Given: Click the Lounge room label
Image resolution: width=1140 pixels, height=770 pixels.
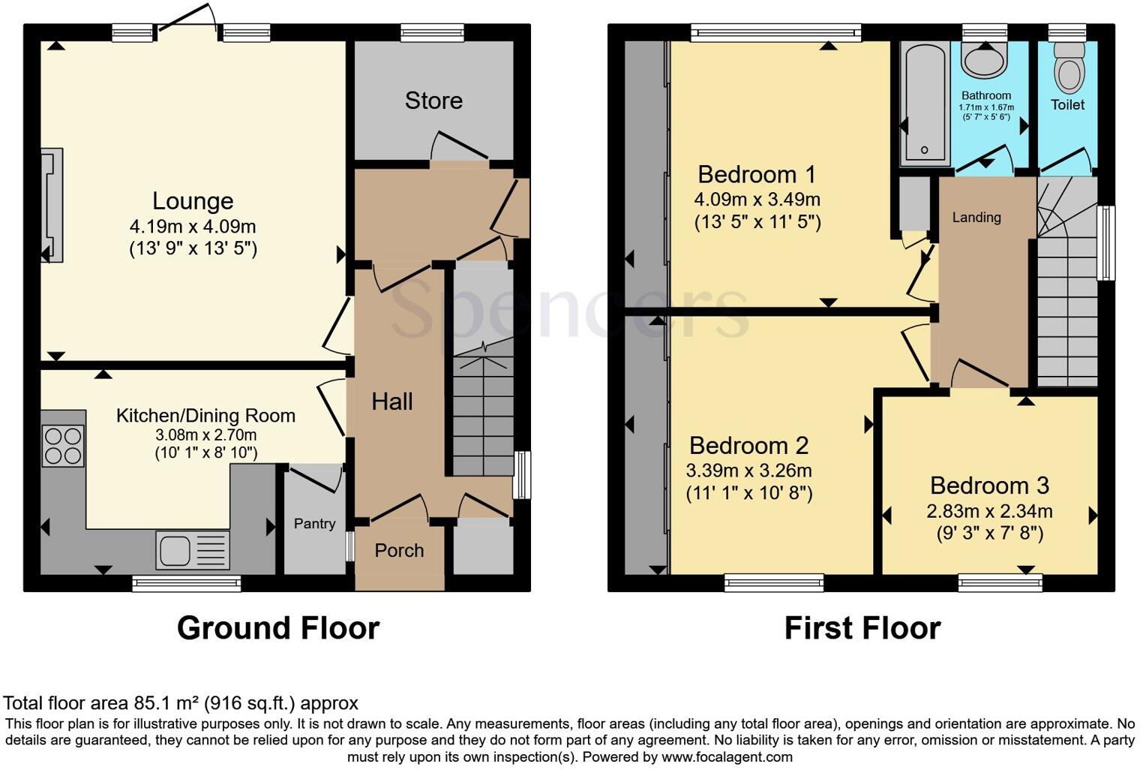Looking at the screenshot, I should [x=193, y=201].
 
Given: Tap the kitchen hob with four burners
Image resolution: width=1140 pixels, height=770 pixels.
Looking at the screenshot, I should [x=63, y=446].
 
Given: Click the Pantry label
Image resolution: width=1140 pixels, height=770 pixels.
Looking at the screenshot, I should [x=314, y=524].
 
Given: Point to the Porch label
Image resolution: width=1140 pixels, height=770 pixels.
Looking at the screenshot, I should [x=399, y=551].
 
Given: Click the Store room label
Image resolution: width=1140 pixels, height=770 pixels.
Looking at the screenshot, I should [x=433, y=101].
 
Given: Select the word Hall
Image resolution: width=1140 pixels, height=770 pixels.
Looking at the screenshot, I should [x=392, y=402].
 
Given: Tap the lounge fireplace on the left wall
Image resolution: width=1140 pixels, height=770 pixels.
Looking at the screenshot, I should [x=52, y=205].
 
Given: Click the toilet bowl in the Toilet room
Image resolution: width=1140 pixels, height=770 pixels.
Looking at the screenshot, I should [x=1068, y=71].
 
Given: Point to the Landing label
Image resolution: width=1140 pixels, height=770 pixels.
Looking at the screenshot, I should [x=976, y=218].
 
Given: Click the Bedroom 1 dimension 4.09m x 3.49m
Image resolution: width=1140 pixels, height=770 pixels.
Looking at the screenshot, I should [x=757, y=200].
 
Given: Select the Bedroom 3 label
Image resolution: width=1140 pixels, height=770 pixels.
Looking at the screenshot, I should [x=989, y=486].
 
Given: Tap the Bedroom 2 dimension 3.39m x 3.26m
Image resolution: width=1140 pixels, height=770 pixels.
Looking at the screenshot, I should [x=748, y=471].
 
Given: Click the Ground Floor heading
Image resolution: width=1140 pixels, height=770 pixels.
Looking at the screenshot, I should [x=278, y=628].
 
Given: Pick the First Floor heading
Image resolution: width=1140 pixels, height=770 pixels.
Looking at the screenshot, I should [x=862, y=628].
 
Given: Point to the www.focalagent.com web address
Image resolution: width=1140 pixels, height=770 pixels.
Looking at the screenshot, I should [x=726, y=756].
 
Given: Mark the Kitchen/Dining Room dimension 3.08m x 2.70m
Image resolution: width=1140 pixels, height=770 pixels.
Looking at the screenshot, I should [x=205, y=435].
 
